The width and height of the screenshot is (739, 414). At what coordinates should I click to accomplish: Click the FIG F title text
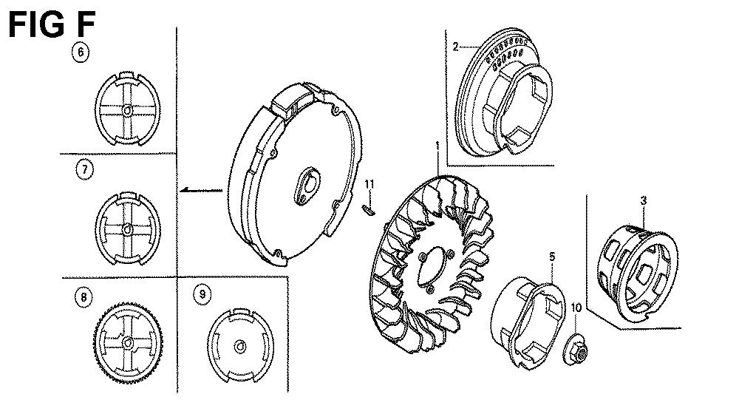(52, 24)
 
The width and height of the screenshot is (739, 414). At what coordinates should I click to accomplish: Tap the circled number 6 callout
(81, 52)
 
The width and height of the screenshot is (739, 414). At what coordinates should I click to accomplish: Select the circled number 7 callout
(84, 169)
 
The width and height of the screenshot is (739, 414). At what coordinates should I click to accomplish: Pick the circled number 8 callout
(84, 297)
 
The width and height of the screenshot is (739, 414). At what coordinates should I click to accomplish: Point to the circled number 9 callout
(202, 295)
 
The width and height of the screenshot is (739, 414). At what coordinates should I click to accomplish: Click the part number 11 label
(369, 184)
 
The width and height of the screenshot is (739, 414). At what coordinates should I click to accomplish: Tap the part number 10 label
(576, 308)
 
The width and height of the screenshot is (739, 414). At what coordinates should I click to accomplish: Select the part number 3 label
(644, 200)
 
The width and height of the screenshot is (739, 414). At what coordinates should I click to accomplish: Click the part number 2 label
(455, 47)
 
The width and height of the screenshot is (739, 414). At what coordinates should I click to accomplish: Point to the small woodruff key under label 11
(369, 209)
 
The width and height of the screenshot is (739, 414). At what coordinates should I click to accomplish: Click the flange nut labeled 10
(576, 349)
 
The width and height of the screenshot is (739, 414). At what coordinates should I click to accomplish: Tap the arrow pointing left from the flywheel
(201, 190)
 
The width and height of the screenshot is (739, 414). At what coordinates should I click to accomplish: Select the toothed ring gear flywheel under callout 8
(128, 342)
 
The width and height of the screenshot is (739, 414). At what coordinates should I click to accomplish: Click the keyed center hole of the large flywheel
(307, 186)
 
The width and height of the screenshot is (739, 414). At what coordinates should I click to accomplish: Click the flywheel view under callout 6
(127, 109)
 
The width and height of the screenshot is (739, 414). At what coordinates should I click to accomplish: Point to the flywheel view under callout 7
(128, 228)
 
